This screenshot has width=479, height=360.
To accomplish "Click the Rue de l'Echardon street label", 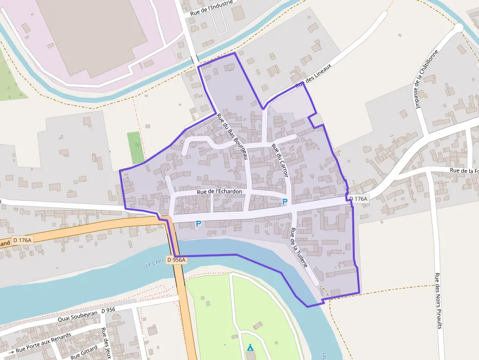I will pyautogui.click(x=219, y=192).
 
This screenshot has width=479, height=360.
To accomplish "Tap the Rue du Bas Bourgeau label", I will pyautogui.click(x=233, y=136).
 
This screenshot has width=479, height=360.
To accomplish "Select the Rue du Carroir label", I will pyautogui.click(x=281, y=161).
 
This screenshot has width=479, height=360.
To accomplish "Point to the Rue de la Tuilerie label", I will pyautogui.click(x=299, y=248).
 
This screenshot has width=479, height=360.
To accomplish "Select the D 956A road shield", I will pyautogui.click(x=176, y=260).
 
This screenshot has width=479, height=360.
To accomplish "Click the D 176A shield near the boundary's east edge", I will pyautogui.click(x=358, y=198).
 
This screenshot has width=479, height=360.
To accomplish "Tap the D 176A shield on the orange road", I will pyautogui.click(x=22, y=240).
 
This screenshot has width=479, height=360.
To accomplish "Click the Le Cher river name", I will pyautogui.click(x=154, y=263).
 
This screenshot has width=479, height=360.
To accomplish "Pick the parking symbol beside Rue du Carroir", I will pyautogui.click(x=284, y=201).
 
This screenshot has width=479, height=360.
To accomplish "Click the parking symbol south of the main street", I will pyautogui.click(x=198, y=224).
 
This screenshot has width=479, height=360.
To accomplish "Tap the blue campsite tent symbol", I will pyautogui.click(x=250, y=348).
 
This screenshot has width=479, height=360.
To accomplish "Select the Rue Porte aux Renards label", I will pyautogui.click(x=44, y=343).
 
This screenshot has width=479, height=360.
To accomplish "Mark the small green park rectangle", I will pyautogui.click(x=136, y=148).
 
